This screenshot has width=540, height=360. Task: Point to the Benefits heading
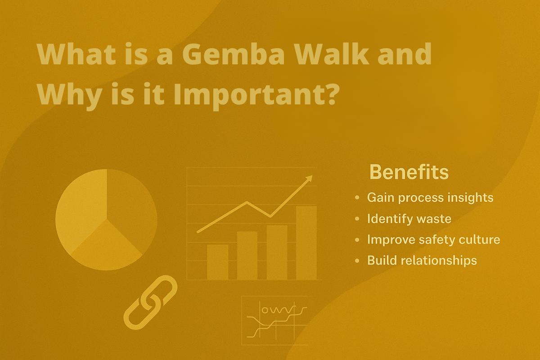tap(409, 172)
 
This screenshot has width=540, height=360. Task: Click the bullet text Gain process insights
tap(430, 198)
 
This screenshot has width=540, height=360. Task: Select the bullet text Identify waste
tap(409, 219)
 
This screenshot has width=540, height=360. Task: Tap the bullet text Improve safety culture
tap(433, 239)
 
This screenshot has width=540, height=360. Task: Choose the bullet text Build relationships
tap(422, 261)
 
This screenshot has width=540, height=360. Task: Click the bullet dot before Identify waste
tap(357, 219)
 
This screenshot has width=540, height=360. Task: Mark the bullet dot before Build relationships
tap(357, 261)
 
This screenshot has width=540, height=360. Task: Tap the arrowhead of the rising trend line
tap(309, 179)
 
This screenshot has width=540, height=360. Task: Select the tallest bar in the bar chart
tap(306, 243)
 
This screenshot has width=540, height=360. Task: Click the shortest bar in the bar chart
tap(218, 262)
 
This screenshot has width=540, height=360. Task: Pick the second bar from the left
tap(247, 256)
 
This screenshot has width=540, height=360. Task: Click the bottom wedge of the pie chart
tap(107, 248)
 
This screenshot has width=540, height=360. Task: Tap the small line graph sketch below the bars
tap(275, 321)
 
